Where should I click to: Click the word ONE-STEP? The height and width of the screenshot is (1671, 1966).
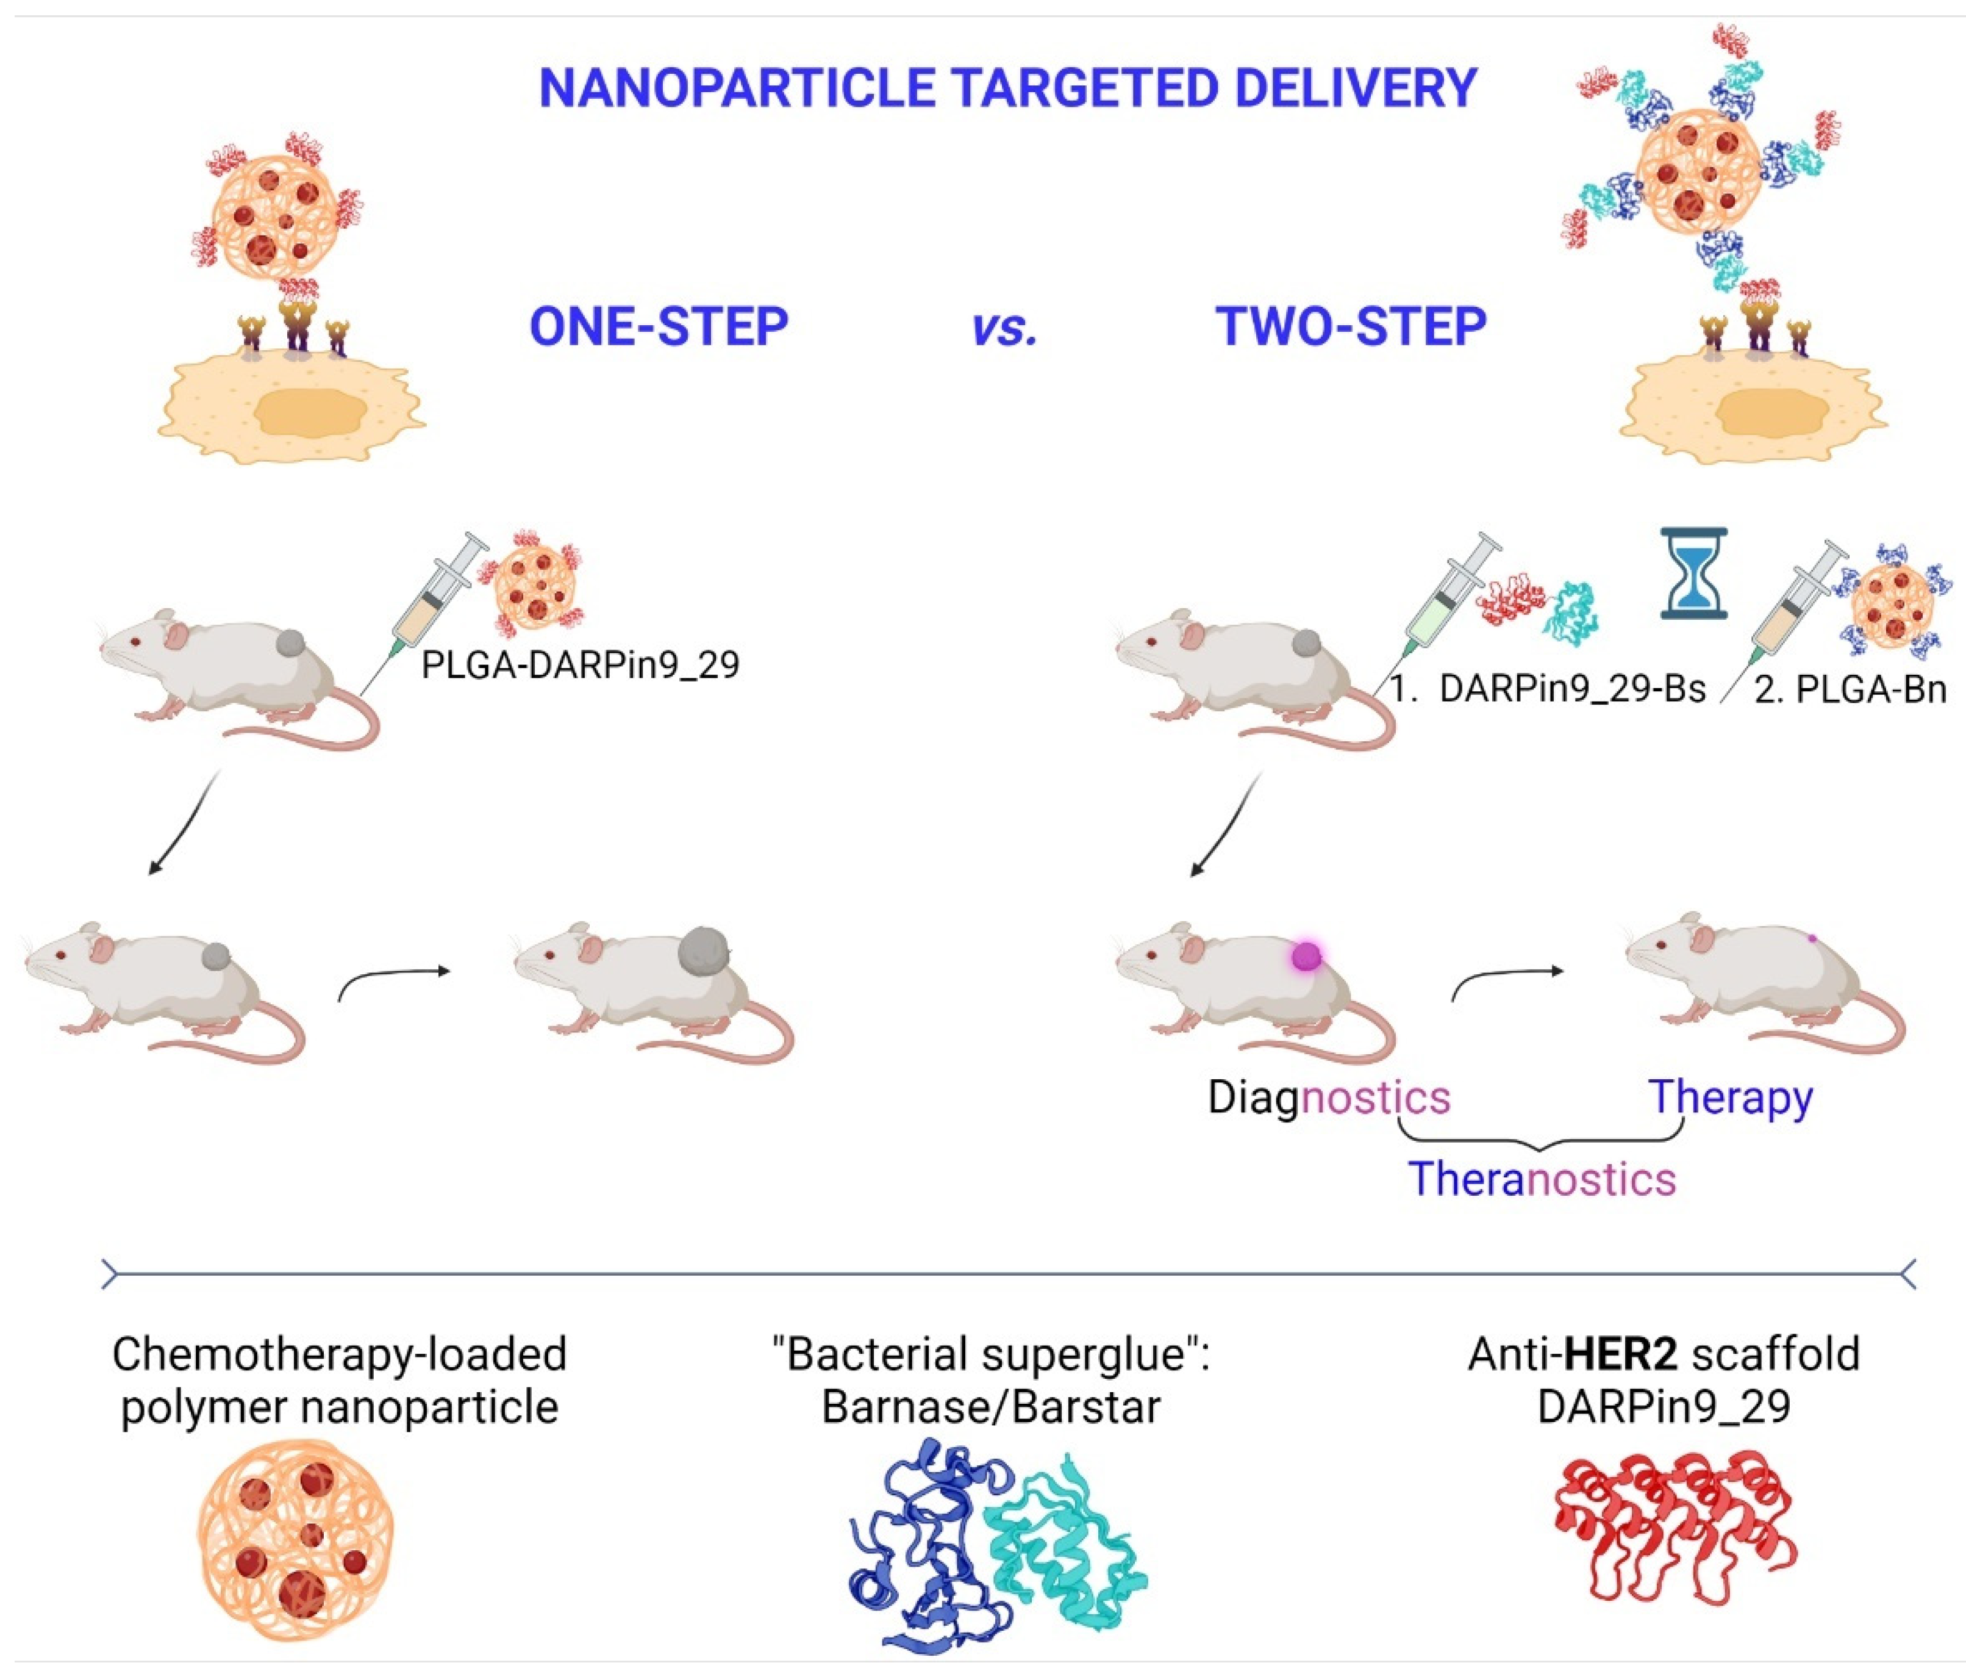(658, 327)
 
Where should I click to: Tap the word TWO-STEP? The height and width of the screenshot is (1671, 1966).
(1351, 327)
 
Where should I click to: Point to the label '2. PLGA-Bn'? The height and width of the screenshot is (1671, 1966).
(1850, 689)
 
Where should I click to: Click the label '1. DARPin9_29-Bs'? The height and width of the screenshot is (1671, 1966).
(1548, 689)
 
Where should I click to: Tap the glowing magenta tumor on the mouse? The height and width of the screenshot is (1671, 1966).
(1306, 956)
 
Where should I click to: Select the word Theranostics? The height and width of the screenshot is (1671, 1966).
(1542, 1179)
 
